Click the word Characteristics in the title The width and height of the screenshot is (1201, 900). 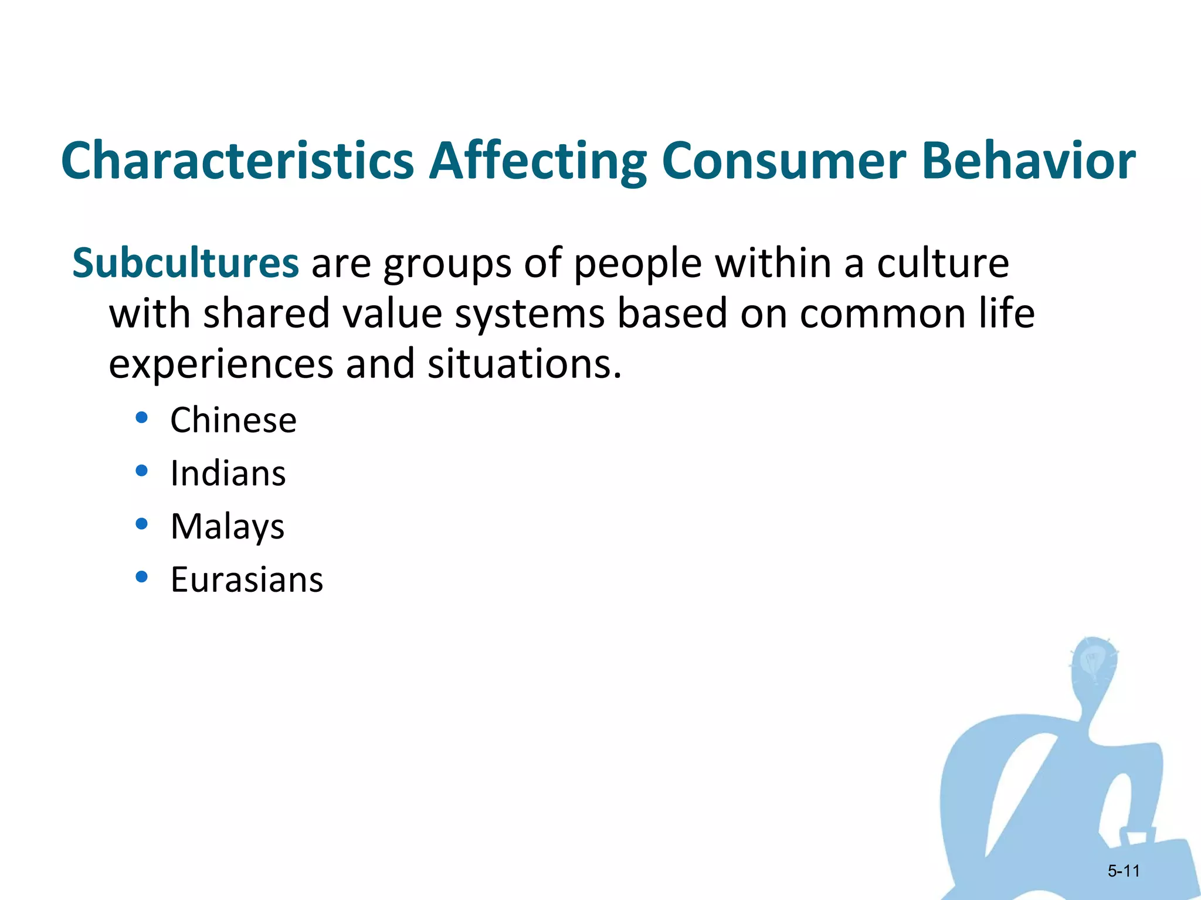tap(238, 161)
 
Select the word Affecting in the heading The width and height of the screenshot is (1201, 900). tap(537, 161)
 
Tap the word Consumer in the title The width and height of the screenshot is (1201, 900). tap(783, 161)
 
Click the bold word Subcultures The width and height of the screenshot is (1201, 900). tap(185, 263)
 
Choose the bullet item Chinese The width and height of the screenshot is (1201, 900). tap(233, 420)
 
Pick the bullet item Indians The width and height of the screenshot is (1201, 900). tap(228, 473)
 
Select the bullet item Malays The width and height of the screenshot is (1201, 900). tap(228, 527)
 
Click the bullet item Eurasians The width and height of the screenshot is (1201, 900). tap(246, 580)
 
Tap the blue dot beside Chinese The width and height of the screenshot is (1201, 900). tap(141, 418)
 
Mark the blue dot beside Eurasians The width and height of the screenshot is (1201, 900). tap(141, 577)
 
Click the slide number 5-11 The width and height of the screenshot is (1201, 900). tap(1123, 871)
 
